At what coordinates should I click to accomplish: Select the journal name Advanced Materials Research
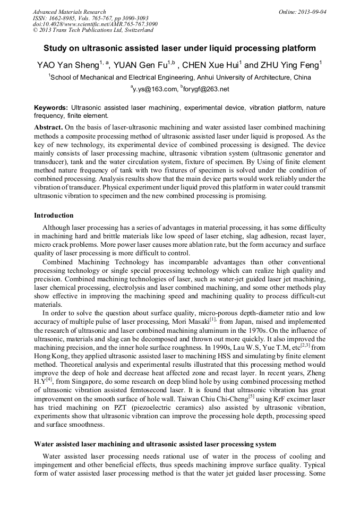[69, 12]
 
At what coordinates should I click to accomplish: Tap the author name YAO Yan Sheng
[66, 66]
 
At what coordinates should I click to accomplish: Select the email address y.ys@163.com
[155, 89]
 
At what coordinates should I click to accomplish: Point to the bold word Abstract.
[49, 128]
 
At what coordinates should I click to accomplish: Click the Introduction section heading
[54, 215]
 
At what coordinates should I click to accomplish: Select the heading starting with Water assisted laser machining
[155, 443]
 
